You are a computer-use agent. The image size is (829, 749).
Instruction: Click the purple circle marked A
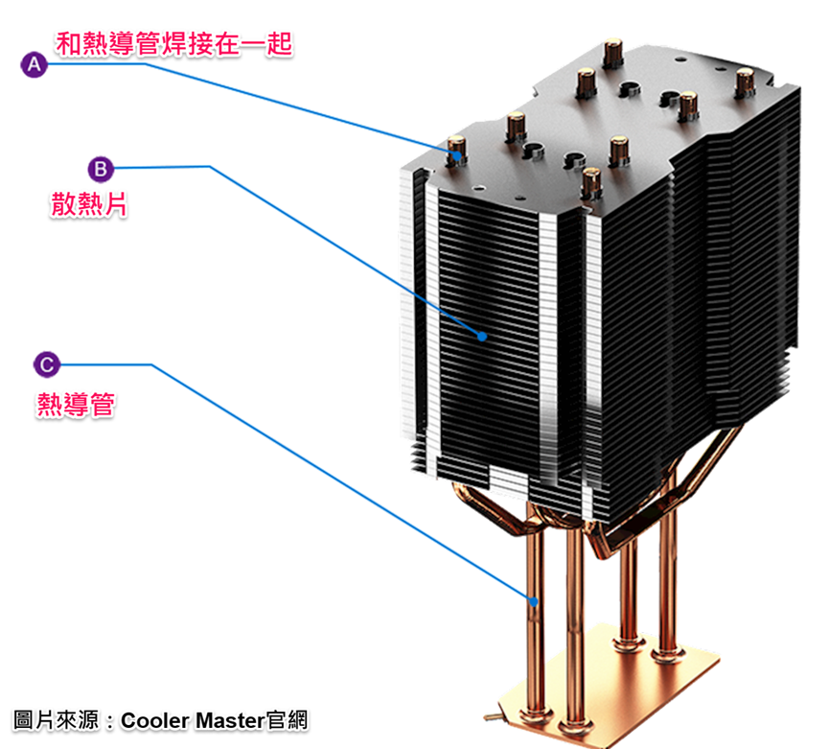34,64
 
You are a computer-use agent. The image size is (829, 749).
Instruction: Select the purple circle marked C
46,364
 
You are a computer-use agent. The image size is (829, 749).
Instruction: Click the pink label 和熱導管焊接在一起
173,43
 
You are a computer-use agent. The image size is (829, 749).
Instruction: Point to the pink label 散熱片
89,204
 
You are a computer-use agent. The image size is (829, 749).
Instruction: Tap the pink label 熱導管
76,404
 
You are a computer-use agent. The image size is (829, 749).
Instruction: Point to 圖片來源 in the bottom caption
57,719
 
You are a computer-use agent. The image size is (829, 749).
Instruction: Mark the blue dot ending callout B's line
483,336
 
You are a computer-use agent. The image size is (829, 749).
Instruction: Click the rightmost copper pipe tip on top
744,81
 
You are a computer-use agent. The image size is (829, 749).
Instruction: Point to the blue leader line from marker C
335,480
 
